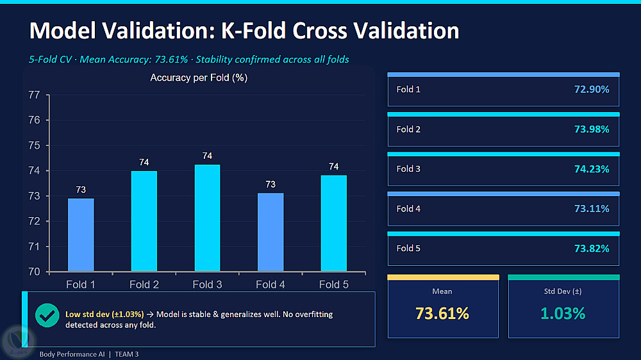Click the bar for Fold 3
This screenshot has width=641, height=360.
[x=207, y=218]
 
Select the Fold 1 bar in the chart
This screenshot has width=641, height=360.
[x=81, y=235]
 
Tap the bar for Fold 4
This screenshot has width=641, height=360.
[x=271, y=232]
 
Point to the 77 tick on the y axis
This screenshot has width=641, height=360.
[x=35, y=95]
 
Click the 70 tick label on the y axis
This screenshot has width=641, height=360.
[x=35, y=272]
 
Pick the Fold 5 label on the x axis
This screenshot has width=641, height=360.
[x=333, y=284]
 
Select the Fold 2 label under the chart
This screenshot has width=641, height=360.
[x=144, y=284]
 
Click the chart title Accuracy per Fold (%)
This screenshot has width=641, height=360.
[x=199, y=78]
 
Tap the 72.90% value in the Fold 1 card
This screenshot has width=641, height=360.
[x=592, y=90]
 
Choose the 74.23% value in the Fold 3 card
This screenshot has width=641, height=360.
[x=592, y=169]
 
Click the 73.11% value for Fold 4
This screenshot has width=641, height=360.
[x=592, y=209]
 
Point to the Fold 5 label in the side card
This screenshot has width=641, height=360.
[x=408, y=249]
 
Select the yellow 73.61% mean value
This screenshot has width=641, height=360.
[x=442, y=313]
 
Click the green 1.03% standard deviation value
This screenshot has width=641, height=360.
[x=563, y=313]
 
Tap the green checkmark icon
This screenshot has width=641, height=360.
[x=47, y=315]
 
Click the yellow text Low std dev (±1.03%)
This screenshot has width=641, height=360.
[x=104, y=315]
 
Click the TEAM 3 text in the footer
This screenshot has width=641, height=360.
[x=127, y=354]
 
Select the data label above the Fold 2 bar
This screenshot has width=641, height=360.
[x=144, y=162]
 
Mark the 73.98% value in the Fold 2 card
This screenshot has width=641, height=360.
[x=592, y=129]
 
